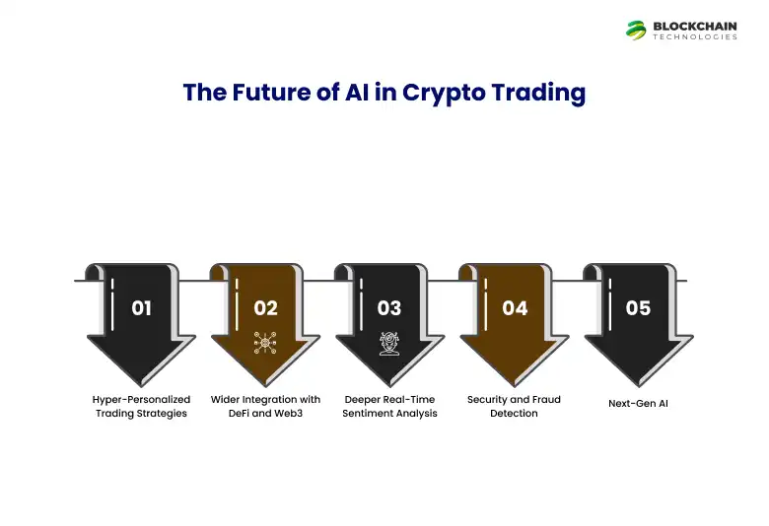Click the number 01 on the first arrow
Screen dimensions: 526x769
coord(142,308)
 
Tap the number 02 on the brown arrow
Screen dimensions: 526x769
coord(266,308)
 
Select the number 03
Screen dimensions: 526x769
coord(389,308)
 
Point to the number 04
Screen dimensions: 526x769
coord(515,308)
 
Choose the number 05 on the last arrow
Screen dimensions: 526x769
coord(638,308)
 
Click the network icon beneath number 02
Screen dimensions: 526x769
coord(265,343)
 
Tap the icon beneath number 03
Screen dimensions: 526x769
coord(389,343)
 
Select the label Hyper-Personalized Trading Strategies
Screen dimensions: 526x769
coord(141,407)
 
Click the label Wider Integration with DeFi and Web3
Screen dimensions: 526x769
coord(265,407)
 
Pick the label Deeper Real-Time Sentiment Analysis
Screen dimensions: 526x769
coord(389,407)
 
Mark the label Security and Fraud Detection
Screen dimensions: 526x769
coord(514,407)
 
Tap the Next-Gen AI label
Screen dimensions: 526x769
coord(638,403)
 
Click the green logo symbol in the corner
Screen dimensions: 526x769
coord(636,31)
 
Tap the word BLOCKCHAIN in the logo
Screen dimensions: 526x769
coord(695,26)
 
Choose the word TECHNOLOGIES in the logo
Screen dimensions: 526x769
coord(695,37)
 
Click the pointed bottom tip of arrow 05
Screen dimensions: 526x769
coord(638,384)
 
